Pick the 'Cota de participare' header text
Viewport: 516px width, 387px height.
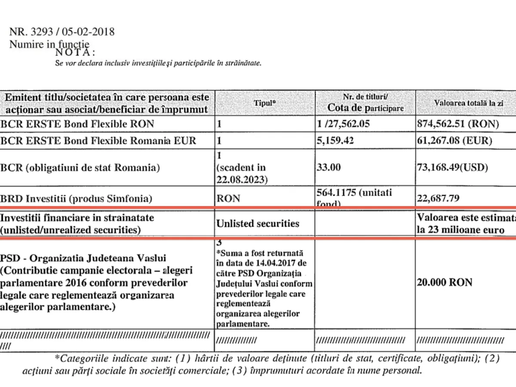[x=365, y=108]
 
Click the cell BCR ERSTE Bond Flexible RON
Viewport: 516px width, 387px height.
[x=77, y=124]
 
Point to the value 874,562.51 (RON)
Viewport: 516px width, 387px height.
[x=458, y=124]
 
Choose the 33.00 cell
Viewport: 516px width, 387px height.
[x=329, y=168]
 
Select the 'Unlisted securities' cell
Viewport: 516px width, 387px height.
[x=258, y=224]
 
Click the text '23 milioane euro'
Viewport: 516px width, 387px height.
[x=466, y=230]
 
